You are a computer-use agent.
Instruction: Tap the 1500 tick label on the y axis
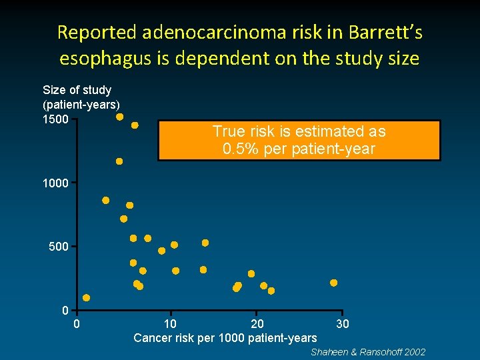(x=55, y=119)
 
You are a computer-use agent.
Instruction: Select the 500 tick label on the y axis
(x=58, y=247)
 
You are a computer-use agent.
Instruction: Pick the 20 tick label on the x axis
(x=257, y=324)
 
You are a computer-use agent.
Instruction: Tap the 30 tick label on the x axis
(x=342, y=324)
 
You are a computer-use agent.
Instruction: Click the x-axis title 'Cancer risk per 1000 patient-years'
(x=225, y=338)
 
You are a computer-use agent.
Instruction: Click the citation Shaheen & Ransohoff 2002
(x=368, y=352)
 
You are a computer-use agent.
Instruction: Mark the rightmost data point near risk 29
(x=334, y=283)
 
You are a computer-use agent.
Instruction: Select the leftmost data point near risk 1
(x=87, y=298)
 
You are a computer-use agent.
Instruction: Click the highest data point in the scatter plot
(x=120, y=117)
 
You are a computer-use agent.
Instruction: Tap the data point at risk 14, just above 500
(x=205, y=243)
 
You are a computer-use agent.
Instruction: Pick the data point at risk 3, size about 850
(x=106, y=200)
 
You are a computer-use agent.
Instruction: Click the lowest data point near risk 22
(x=271, y=291)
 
